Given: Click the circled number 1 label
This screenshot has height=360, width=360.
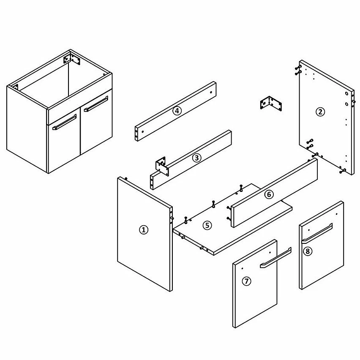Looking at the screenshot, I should click(144, 230).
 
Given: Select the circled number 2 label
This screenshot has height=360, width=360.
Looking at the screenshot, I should click(320, 112).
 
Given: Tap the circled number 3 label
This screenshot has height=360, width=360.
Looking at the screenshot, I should click(196, 158).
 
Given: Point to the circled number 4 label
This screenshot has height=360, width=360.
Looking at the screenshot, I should click(177, 111).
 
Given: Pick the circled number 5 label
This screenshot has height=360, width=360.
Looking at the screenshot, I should click(207, 225).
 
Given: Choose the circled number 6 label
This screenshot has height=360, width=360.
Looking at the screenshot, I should click(269, 194).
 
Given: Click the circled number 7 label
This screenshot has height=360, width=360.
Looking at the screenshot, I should click(246, 281).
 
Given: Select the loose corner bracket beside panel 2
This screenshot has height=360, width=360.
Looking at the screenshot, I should click(271, 104).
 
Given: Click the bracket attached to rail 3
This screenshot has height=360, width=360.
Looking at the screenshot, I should click(162, 166).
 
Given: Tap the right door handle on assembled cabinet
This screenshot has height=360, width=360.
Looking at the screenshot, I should click(96, 104).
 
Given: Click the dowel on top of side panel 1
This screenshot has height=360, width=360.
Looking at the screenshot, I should click(126, 178).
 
